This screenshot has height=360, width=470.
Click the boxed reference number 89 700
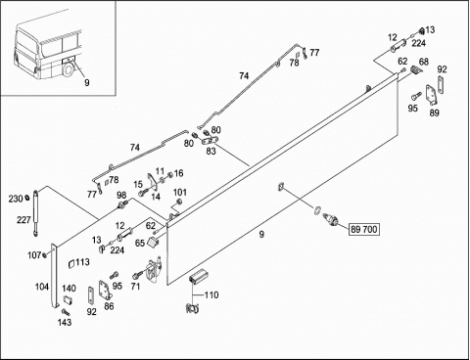click(364, 229)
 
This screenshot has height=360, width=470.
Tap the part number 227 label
click(23, 220)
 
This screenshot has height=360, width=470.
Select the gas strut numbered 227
click(35, 212)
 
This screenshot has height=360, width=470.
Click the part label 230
click(16, 199)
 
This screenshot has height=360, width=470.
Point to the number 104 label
click(42, 287)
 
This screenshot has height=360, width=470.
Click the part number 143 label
click(65, 322)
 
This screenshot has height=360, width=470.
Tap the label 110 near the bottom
click(211, 295)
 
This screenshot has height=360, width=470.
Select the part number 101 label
click(180, 193)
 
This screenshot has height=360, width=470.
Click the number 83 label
click(211, 152)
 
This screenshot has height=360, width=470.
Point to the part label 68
click(424, 62)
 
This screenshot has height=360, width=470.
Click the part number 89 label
click(434, 112)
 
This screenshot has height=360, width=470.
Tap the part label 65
click(140, 244)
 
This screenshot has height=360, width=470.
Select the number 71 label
click(135, 287)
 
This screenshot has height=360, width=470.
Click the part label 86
click(109, 306)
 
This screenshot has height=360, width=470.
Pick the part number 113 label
click(82, 262)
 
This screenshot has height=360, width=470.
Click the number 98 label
click(121, 195)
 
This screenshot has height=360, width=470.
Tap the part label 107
click(34, 255)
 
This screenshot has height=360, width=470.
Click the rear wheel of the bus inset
click(69, 69)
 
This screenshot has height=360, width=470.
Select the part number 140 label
click(70, 289)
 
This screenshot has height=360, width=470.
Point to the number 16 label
click(179, 173)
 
